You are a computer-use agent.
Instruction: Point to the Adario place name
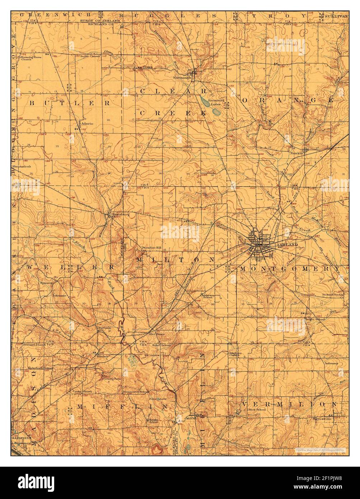[x=87, y=123]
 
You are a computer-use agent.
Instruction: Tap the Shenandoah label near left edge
[x=21, y=166]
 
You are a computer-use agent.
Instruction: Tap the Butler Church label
[x=90, y=56]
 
